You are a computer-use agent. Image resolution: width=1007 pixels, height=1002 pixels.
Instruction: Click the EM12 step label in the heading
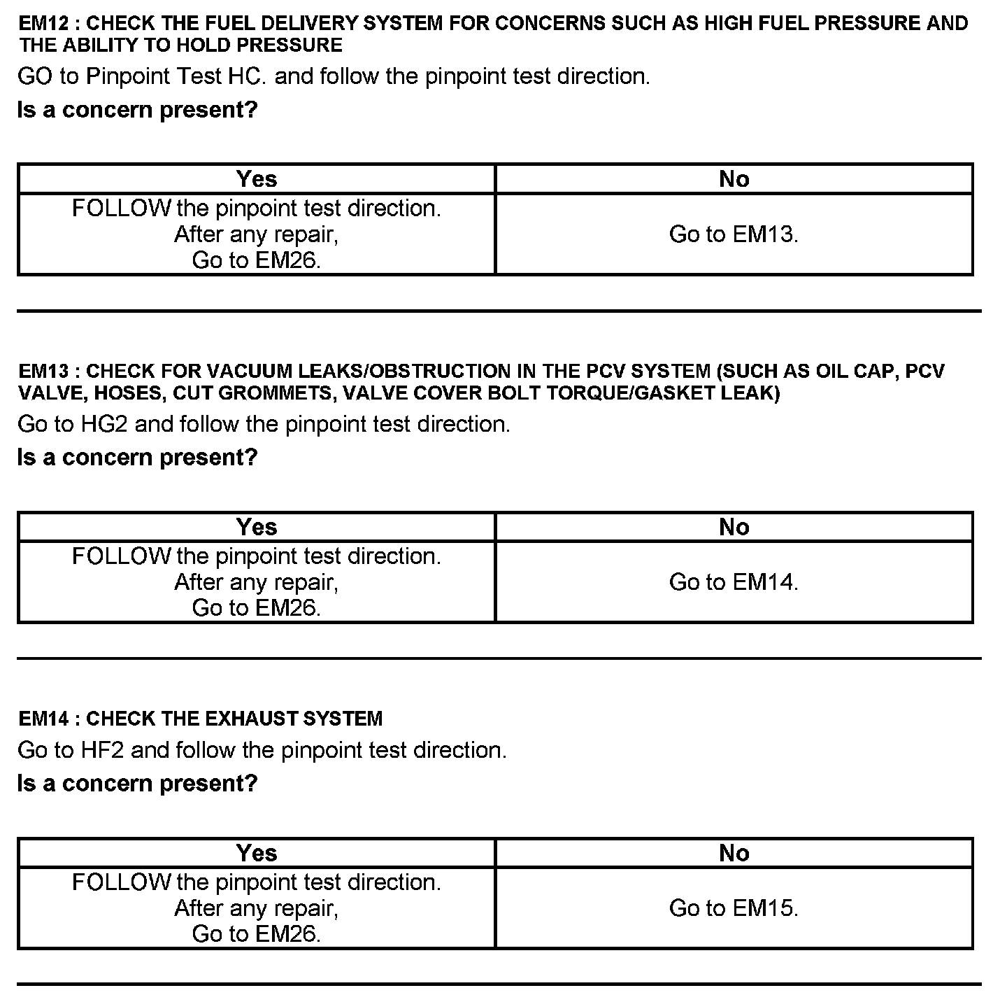(x=43, y=23)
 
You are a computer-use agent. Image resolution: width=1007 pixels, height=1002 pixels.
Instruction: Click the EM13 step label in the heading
(x=43, y=371)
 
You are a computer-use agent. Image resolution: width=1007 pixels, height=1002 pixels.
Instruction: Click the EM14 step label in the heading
(x=43, y=719)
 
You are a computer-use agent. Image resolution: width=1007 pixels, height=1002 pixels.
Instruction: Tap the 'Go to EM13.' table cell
(x=734, y=234)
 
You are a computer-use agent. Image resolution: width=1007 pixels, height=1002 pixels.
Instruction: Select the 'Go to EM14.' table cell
(x=734, y=582)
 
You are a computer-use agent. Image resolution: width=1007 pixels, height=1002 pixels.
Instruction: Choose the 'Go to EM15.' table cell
(x=734, y=908)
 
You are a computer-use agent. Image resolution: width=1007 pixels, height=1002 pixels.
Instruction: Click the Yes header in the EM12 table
(x=257, y=179)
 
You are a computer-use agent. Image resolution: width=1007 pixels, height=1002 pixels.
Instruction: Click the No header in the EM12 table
(x=734, y=179)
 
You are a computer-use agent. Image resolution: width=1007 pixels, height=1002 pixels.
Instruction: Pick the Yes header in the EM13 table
(x=257, y=527)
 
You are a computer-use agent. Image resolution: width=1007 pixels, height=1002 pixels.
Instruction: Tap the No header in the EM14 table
(x=734, y=853)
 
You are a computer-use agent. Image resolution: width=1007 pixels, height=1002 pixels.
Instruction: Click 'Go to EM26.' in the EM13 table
(x=257, y=608)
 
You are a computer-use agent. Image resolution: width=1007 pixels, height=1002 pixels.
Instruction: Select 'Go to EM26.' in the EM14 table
(x=257, y=934)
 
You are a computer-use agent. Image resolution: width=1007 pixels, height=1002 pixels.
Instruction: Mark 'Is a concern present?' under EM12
(x=138, y=110)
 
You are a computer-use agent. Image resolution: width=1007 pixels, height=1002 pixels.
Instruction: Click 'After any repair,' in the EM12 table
(x=257, y=234)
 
